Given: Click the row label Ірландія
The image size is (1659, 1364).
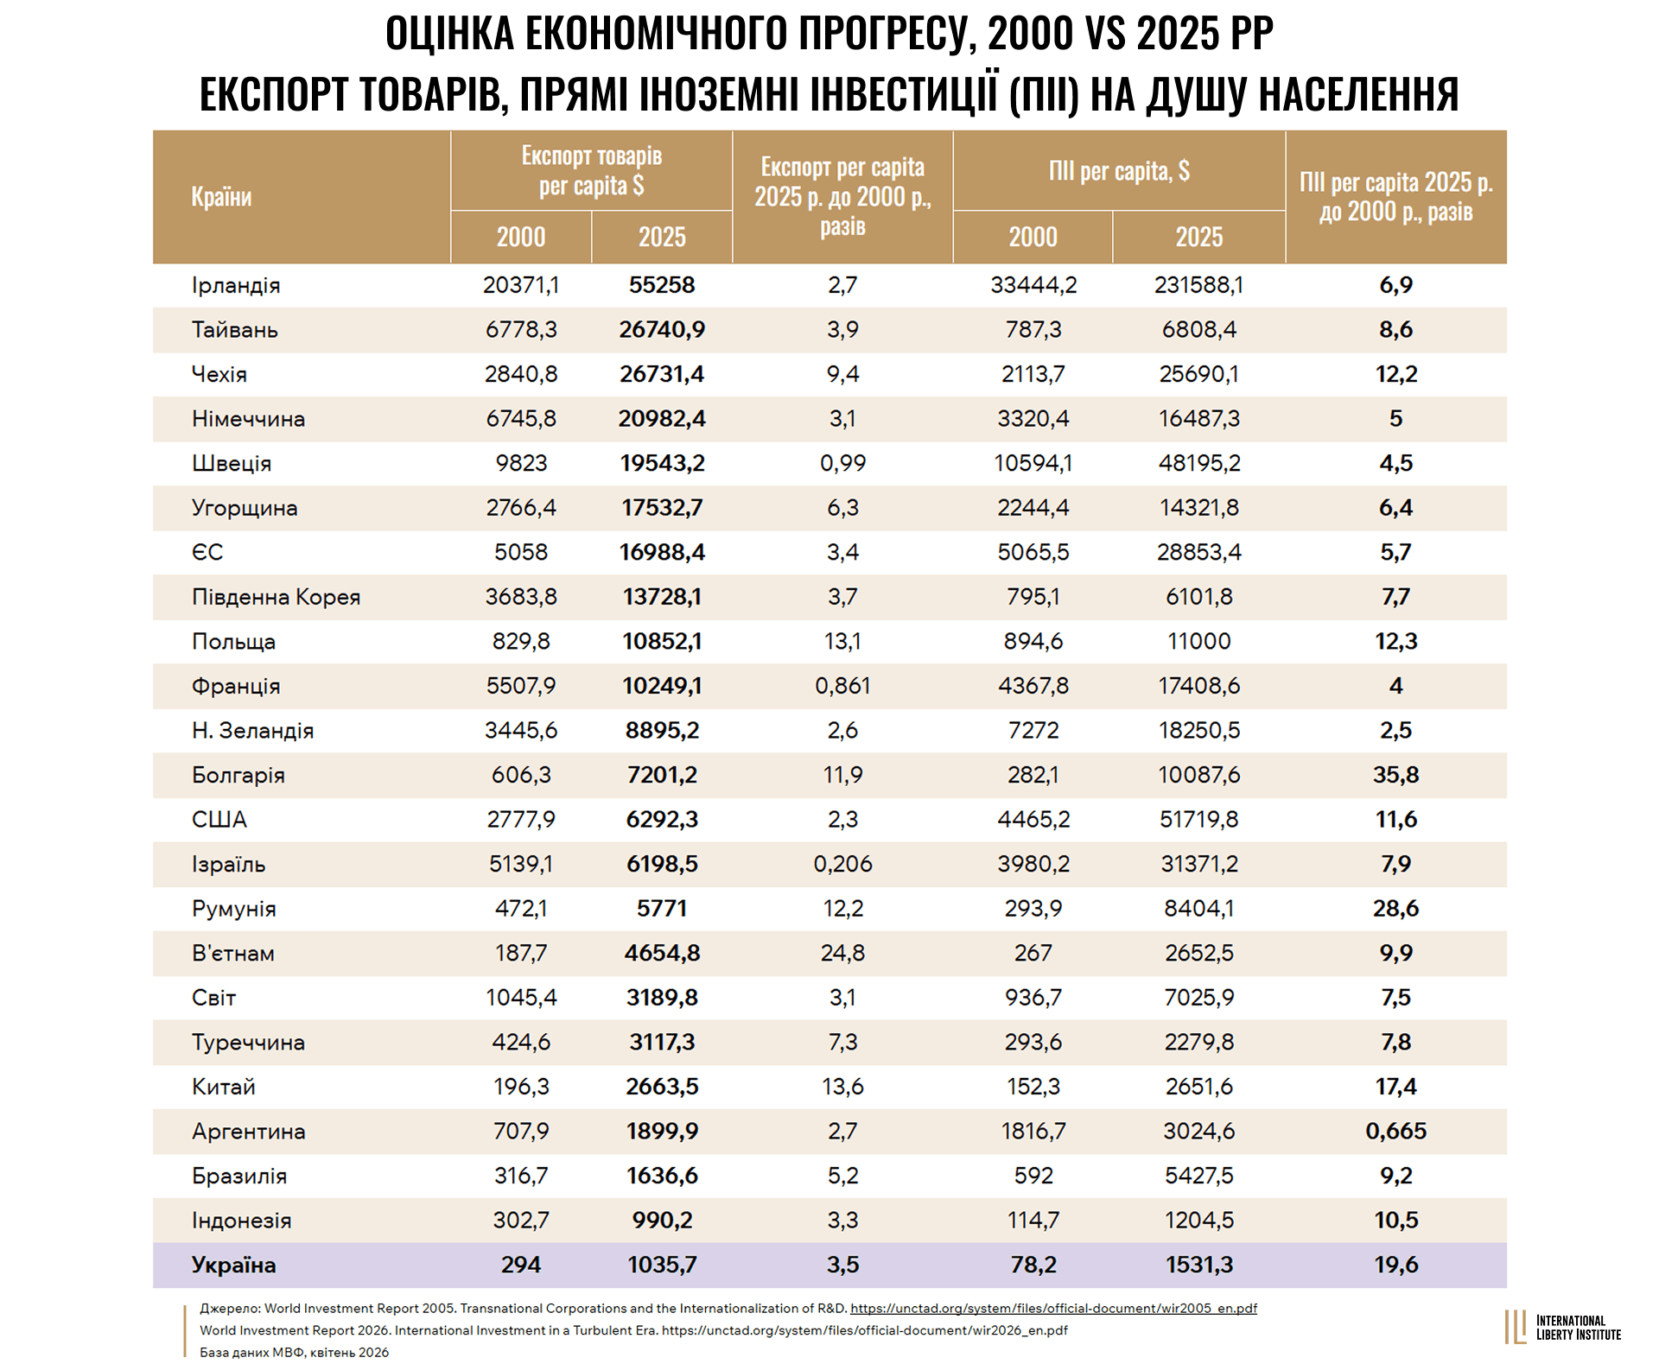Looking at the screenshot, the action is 236,285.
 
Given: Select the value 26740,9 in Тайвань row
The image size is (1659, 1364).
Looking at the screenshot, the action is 662,329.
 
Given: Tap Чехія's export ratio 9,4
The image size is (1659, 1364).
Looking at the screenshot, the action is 842,374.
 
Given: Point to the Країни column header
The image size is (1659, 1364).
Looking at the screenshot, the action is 221,197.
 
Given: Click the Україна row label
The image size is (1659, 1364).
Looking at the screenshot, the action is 234,1265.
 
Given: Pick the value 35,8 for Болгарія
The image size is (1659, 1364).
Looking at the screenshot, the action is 1395,775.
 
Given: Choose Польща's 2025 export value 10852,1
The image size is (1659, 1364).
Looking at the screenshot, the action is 662,641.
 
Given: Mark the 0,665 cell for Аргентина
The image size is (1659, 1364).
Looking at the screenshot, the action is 1395,1131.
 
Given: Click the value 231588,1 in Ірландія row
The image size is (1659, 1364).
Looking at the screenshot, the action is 1198,285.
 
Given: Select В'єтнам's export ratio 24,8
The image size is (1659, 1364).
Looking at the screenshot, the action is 842,953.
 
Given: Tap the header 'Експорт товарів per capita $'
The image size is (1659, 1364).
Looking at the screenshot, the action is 592,170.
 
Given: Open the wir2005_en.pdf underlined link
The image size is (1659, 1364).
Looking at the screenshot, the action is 1053,1308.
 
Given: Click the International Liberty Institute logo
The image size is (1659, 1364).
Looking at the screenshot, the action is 1562,1327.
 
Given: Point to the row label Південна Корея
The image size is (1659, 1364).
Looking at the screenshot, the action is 276,597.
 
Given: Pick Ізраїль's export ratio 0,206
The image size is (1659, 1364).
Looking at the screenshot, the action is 842,864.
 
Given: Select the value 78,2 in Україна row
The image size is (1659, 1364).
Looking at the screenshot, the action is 1033,1265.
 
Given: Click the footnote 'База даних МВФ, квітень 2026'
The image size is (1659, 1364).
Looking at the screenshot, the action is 294,1352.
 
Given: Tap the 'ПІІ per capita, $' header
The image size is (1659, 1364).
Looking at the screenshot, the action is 1119,171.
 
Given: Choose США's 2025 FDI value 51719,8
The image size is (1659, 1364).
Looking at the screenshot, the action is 1198,819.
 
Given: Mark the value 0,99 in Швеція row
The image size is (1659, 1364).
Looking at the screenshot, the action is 842,463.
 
